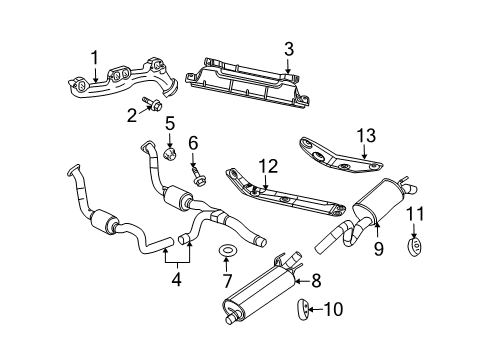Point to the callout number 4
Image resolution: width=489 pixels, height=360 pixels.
pos(177,281)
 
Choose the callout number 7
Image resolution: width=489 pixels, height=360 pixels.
pos(226,271)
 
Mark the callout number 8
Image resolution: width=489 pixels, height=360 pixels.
pos(317,282)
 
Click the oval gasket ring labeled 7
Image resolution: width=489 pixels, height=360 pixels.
pos(226,249)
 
